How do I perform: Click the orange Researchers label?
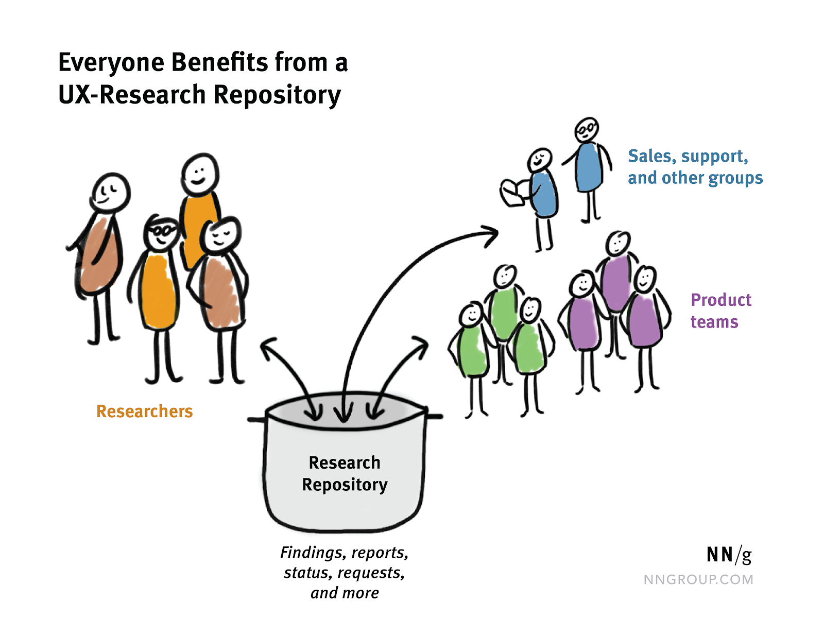click(x=144, y=411)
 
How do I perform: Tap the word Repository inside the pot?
click(x=345, y=485)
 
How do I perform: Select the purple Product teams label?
click(x=720, y=311)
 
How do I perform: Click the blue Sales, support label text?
click(x=688, y=156)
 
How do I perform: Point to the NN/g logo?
click(x=728, y=555)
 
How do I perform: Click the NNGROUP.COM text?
click(x=698, y=579)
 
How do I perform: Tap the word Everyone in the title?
click(x=111, y=62)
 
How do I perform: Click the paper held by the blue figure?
click(x=514, y=193)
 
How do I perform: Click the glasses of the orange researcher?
click(x=162, y=230)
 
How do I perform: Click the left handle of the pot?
click(x=256, y=419)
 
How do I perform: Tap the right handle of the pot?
click(x=434, y=415)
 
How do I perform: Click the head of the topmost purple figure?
click(x=617, y=243)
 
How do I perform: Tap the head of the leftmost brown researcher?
click(x=110, y=192)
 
